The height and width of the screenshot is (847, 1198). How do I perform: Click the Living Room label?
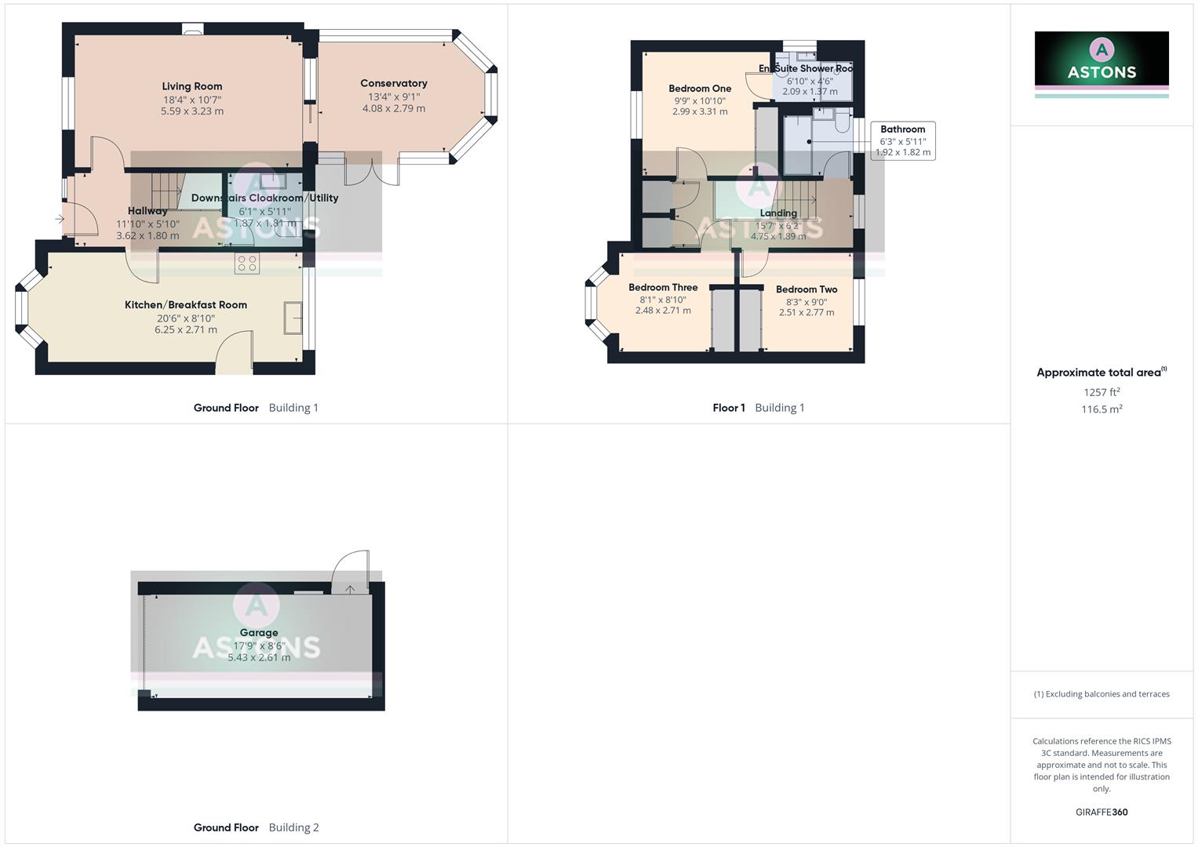pyautogui.click(x=192, y=86)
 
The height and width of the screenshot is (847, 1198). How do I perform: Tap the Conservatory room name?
pyautogui.click(x=394, y=83)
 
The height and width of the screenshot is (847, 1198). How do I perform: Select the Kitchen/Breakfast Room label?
pyautogui.click(x=186, y=304)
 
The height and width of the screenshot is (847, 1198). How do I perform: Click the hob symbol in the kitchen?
pyautogui.click(x=247, y=264)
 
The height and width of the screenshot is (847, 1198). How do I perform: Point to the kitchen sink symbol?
pyautogui.click(x=293, y=318)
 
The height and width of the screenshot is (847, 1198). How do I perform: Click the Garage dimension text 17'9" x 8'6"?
pyautogui.click(x=259, y=646)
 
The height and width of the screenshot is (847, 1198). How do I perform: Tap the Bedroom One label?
pyautogui.click(x=700, y=89)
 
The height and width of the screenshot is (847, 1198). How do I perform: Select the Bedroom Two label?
pyautogui.click(x=807, y=289)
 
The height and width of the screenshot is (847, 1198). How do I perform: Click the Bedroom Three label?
pyautogui.click(x=663, y=287)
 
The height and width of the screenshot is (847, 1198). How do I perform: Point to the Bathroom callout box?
pyautogui.click(x=903, y=140)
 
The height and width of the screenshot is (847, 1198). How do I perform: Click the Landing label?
pyautogui.click(x=778, y=213)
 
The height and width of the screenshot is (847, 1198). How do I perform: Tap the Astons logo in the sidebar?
pyautogui.click(x=1102, y=60)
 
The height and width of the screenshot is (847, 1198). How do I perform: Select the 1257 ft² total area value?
pyautogui.click(x=1102, y=392)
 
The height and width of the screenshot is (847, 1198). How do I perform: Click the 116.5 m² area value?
pyautogui.click(x=1102, y=409)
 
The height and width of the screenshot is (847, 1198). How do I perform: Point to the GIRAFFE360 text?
pyautogui.click(x=1102, y=812)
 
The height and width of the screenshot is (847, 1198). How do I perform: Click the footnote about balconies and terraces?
pyautogui.click(x=1102, y=694)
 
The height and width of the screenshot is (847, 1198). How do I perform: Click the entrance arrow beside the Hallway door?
pyautogui.click(x=60, y=220)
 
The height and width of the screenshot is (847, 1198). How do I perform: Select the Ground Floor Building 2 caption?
pyautogui.click(x=257, y=827)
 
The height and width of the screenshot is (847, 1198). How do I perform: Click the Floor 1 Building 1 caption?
pyautogui.click(x=759, y=408)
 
